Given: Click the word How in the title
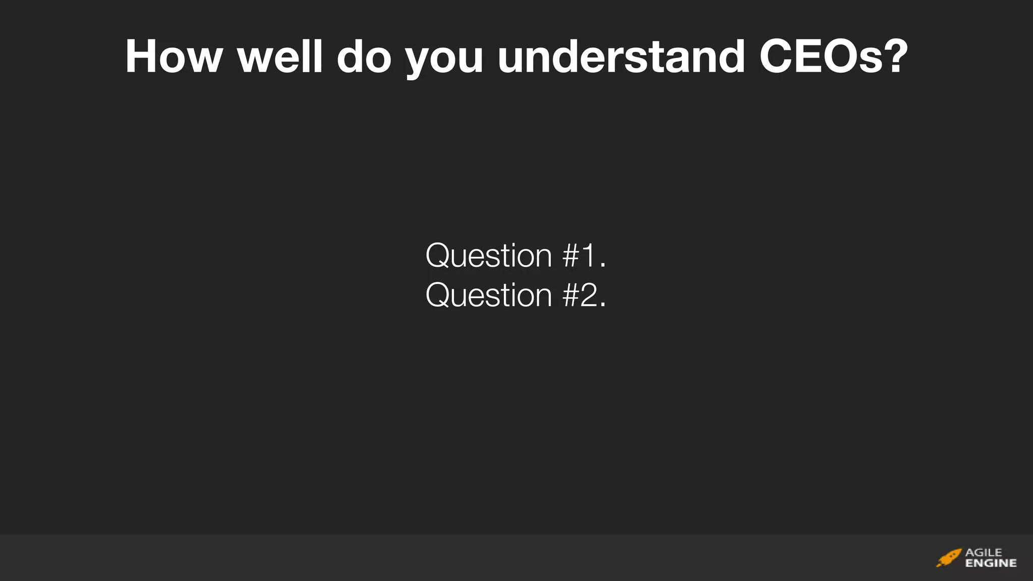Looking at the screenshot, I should point(174,56).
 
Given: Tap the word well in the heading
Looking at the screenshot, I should point(280,56).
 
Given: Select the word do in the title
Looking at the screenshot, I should point(364,56).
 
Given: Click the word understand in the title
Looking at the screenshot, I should point(621,56).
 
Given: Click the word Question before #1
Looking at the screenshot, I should point(489,256).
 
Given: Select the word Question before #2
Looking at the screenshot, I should point(489,296).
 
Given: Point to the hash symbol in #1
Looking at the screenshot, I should point(571,256).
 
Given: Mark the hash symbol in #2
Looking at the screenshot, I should point(571,295).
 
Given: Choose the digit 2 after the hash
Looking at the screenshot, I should point(589,295).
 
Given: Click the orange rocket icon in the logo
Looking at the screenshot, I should point(949,558).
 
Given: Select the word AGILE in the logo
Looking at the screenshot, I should point(984,553).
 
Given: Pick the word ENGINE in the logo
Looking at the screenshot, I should point(991,563).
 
